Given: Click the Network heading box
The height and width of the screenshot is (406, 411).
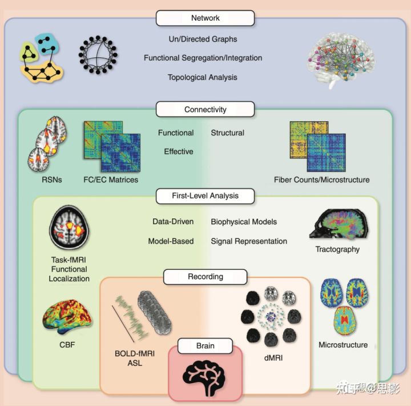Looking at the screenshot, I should pyautogui.click(x=205, y=18).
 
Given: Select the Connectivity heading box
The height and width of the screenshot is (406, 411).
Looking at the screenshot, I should pyautogui.click(x=205, y=109).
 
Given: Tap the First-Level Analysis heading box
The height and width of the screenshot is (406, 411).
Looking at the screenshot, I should pyautogui.click(x=205, y=196).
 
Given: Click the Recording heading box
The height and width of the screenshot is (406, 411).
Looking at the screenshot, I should pyautogui.click(x=205, y=277).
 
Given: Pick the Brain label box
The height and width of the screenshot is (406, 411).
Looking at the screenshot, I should pyautogui.click(x=205, y=346).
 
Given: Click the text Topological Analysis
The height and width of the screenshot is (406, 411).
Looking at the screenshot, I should pyautogui.click(x=203, y=77).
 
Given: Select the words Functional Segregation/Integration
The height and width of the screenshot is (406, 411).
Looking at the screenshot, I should pyautogui.click(x=203, y=58).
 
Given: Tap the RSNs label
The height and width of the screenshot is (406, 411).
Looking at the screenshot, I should pyautogui.click(x=52, y=180).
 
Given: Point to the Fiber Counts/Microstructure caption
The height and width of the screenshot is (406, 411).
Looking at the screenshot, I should pyautogui.click(x=321, y=180).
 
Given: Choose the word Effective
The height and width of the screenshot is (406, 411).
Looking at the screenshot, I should pyautogui.click(x=179, y=152).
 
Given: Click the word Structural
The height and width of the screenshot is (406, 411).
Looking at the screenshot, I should pyautogui.click(x=227, y=133).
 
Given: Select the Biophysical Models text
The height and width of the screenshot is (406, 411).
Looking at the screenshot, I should pyautogui.click(x=244, y=222).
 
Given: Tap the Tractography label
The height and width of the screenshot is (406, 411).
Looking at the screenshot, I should pyautogui.click(x=337, y=249).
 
